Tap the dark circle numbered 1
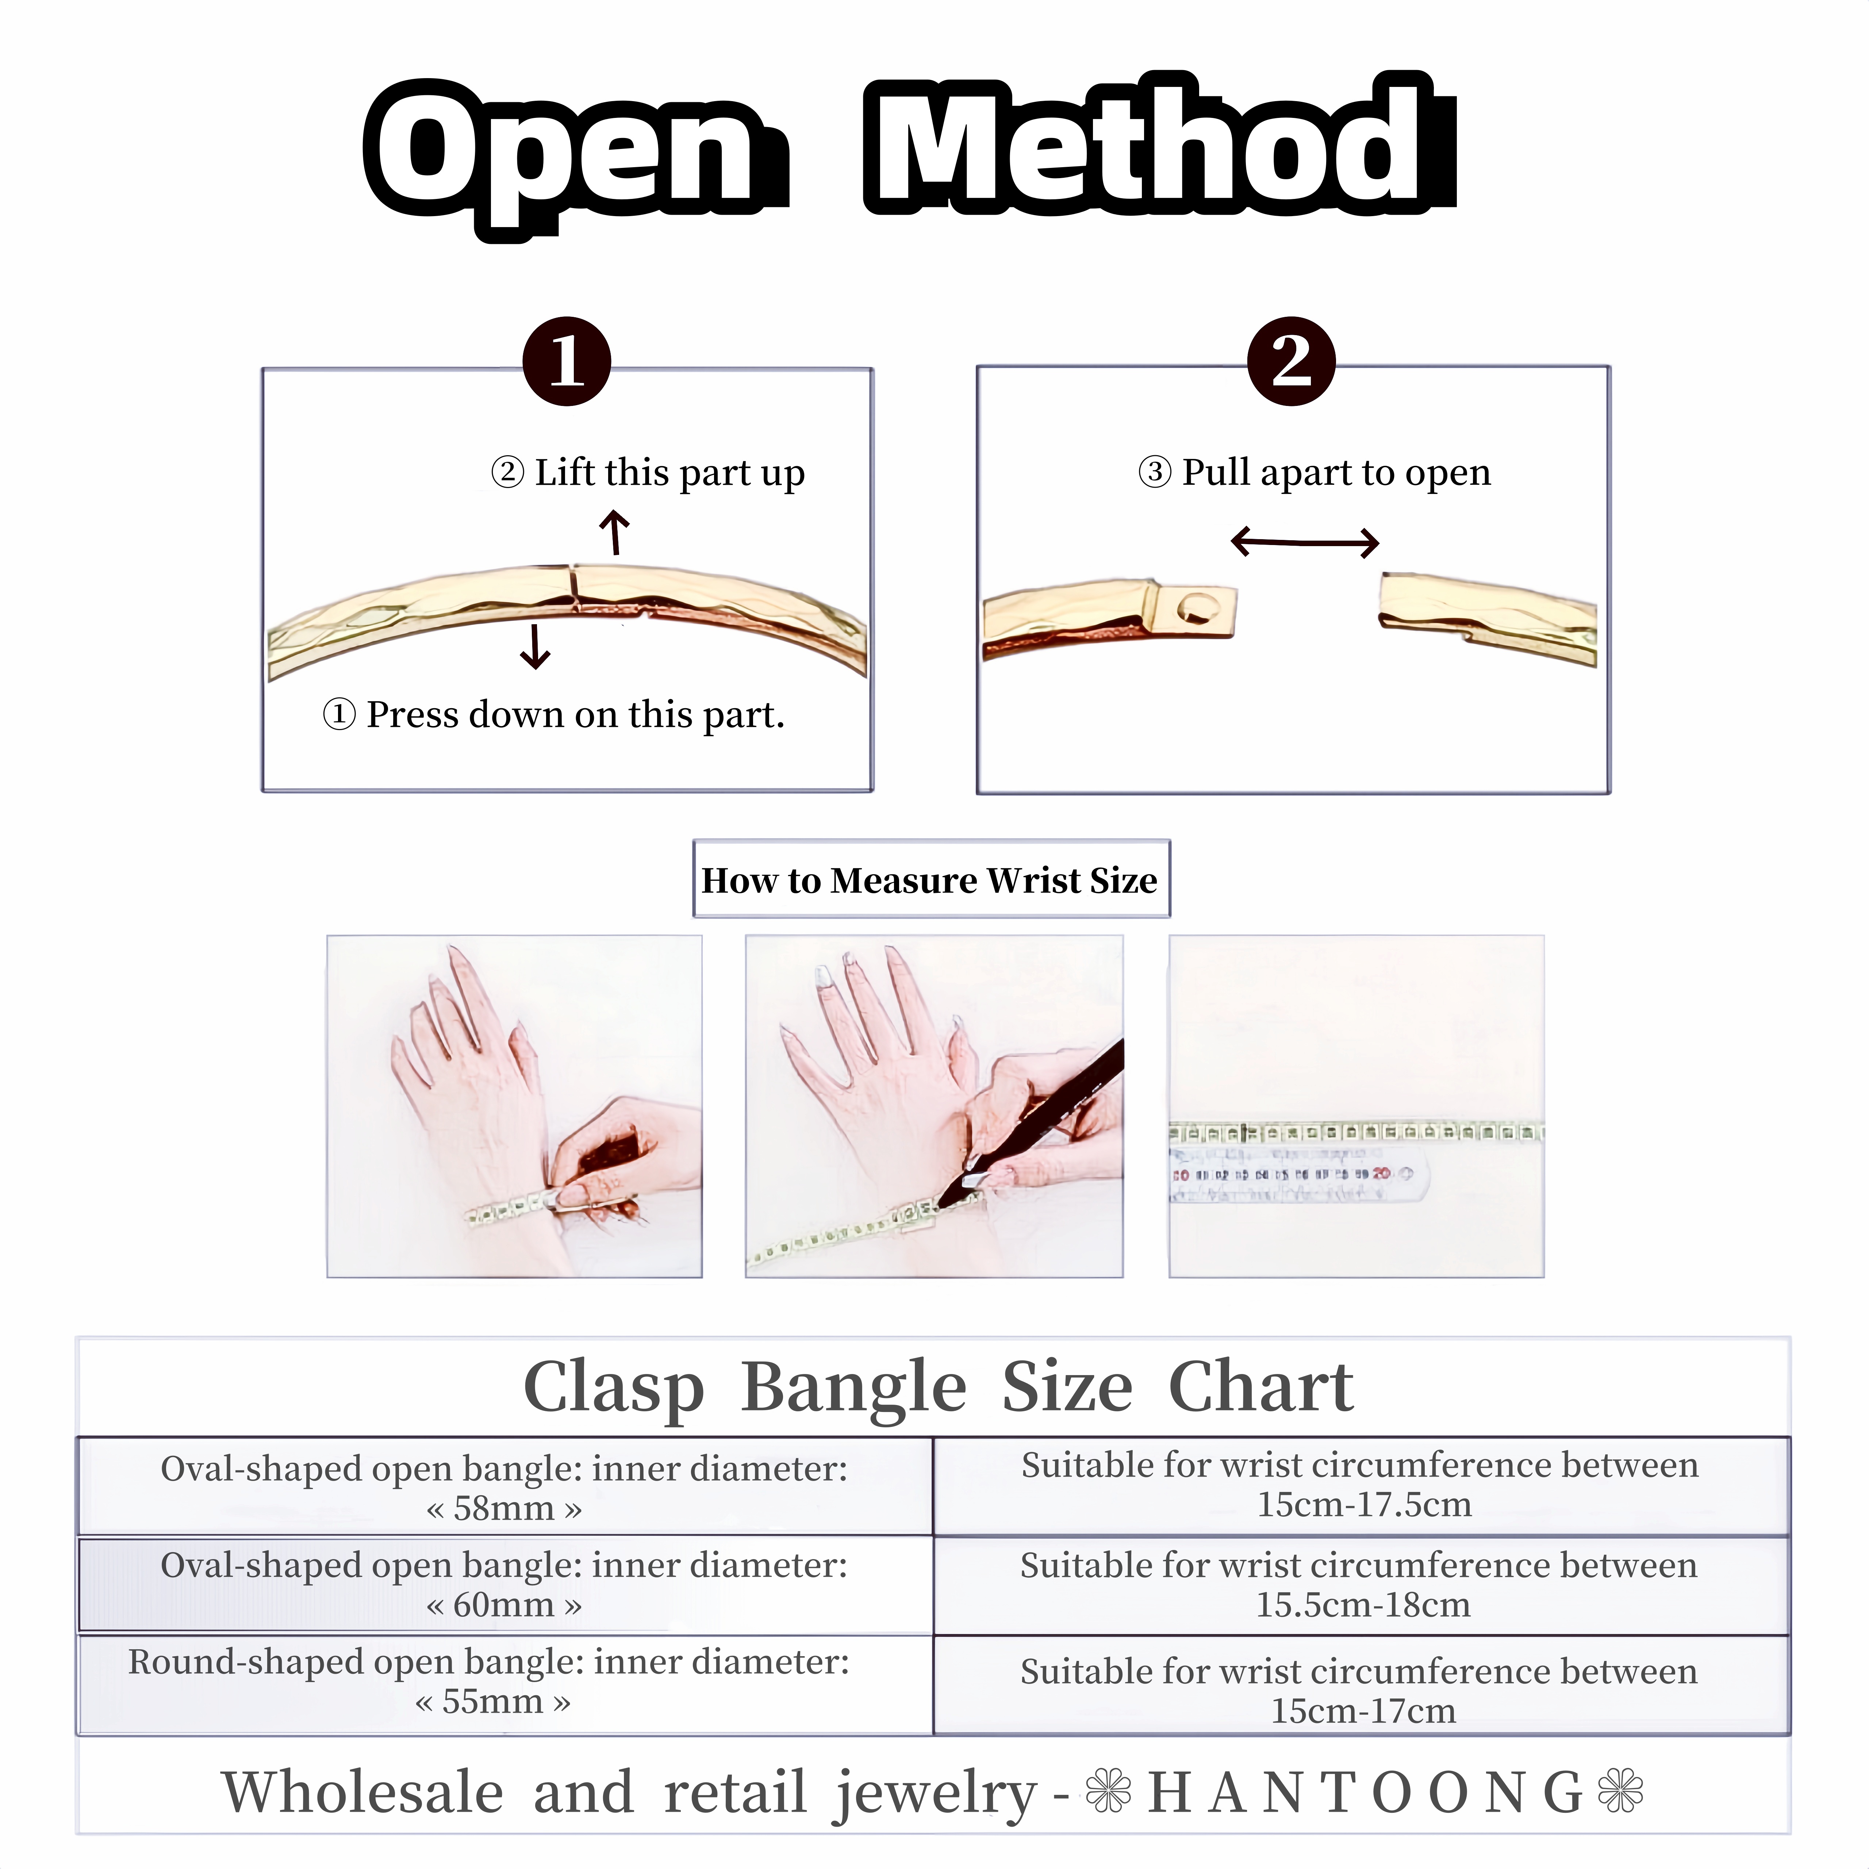(x=567, y=361)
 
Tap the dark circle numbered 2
(x=1292, y=361)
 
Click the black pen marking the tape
(x=1035, y=1122)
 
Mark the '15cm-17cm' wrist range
(x=1363, y=1710)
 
